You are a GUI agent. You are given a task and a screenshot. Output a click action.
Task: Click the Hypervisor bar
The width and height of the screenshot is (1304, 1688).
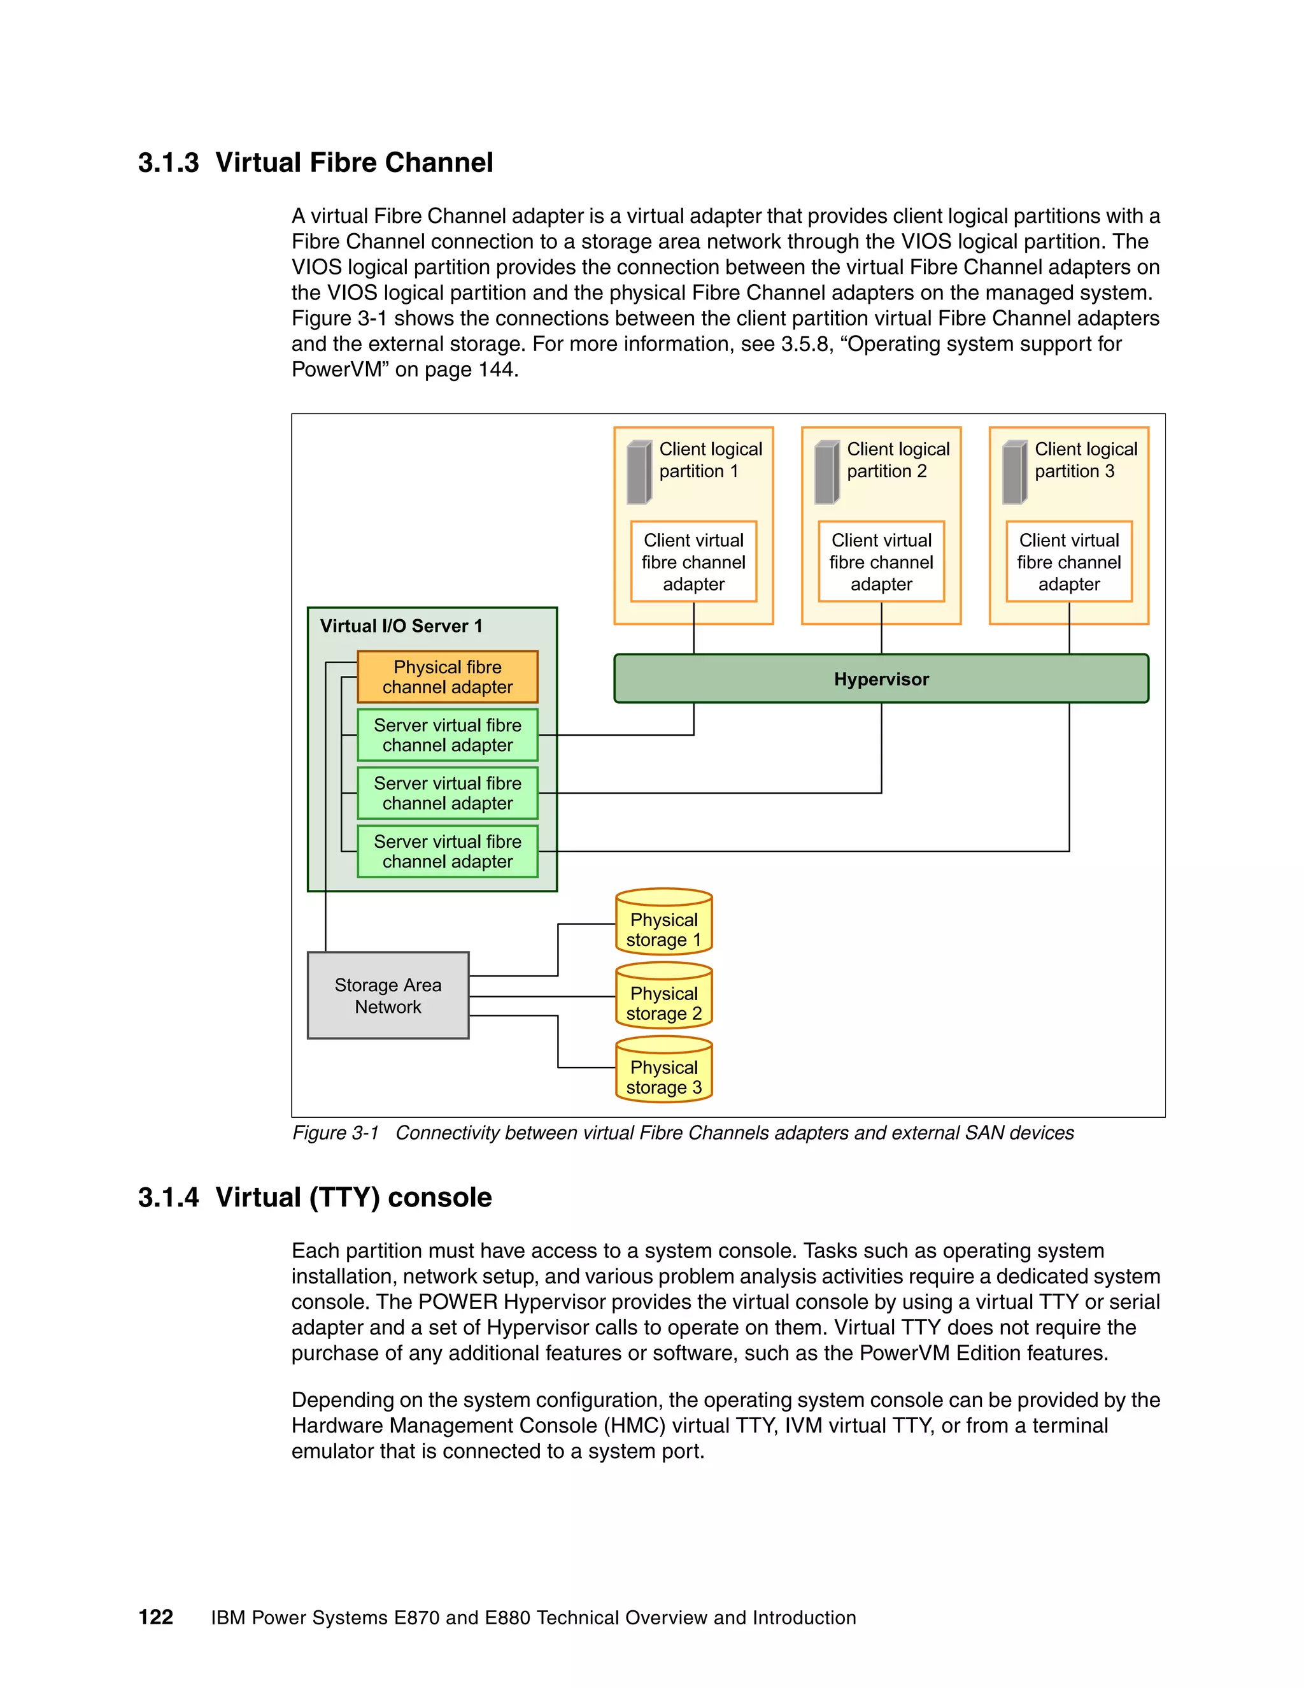[881, 678]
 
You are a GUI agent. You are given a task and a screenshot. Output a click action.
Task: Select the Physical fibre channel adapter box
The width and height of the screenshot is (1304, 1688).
[447, 677]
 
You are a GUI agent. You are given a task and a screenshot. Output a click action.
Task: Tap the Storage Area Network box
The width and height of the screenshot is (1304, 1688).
[388, 996]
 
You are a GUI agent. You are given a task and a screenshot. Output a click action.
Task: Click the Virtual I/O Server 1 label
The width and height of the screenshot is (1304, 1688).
[401, 626]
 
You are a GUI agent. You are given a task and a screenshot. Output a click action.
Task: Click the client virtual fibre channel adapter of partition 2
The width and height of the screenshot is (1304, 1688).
[881, 562]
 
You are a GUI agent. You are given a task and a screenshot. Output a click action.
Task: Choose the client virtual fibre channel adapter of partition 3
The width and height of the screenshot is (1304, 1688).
[1068, 562]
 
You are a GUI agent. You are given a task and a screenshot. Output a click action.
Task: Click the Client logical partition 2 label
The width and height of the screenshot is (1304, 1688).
[898, 460]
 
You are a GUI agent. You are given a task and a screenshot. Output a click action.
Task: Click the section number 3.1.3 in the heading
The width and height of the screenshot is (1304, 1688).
[168, 163]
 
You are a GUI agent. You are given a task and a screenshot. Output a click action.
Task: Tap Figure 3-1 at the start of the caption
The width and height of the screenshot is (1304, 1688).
[336, 1133]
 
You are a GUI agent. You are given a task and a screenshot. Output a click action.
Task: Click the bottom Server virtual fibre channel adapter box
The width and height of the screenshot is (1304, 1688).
[447, 851]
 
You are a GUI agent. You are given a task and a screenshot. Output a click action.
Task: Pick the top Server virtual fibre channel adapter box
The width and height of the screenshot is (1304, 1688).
[447, 735]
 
